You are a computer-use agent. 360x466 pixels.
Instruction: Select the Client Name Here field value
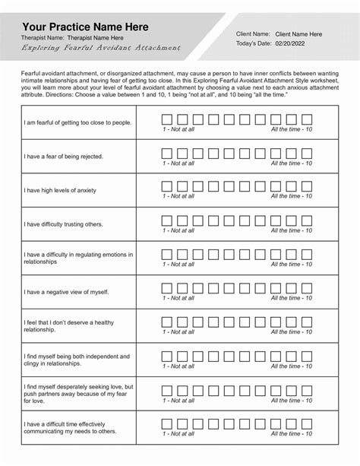[298, 34]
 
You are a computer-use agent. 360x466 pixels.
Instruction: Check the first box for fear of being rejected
[166, 152]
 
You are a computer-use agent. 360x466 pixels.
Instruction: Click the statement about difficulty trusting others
[63, 224]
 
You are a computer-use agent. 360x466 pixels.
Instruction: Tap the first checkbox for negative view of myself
[166, 287]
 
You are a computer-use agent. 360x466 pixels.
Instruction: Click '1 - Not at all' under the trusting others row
[178, 230]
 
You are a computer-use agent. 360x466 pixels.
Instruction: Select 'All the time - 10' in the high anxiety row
[291, 196]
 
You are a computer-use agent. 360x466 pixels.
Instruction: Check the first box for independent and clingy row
[166, 355]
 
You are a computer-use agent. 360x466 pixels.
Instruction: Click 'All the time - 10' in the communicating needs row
[291, 433]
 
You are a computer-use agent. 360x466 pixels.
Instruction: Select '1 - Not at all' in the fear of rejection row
[178, 163]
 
